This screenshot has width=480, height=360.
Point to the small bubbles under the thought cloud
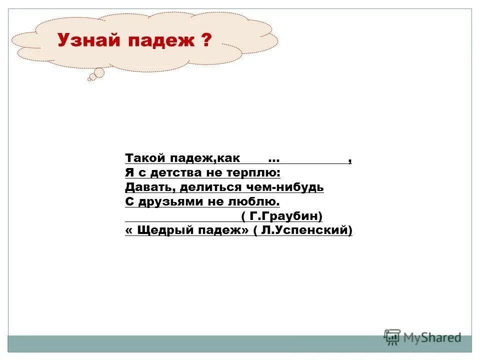96,74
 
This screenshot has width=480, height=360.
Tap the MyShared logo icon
392,337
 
